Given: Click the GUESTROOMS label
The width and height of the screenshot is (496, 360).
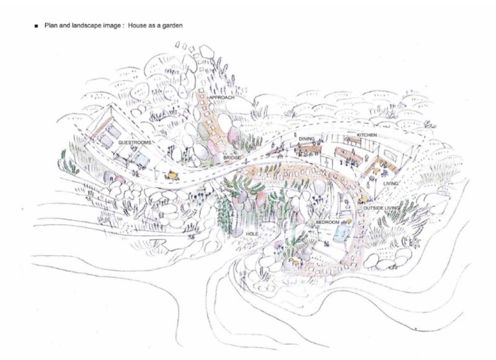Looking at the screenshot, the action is coord(134,143).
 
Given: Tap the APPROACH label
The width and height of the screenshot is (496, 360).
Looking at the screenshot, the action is coord(222,97).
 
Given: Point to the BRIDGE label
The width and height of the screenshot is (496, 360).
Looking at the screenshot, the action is coord(232,157).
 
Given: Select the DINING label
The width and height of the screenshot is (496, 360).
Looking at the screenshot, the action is coord(306,139).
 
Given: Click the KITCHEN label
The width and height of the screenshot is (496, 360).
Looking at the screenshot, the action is coord(366,135).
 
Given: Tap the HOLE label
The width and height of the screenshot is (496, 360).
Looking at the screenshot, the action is coord(252,234).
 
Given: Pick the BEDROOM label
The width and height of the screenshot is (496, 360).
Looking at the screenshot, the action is coord(327,222).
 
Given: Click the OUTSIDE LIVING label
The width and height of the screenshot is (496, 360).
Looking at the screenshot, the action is coord(381,208).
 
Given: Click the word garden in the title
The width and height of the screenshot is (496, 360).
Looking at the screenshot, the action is coord(172,25).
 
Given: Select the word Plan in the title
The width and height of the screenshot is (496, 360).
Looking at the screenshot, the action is coord(51,25).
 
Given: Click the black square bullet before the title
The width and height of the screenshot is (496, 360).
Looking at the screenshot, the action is coord(37,26).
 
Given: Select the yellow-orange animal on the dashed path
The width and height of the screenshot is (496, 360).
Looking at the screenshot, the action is coord(172,174).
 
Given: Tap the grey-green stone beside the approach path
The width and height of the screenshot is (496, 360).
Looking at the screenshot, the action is coord(204,131).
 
